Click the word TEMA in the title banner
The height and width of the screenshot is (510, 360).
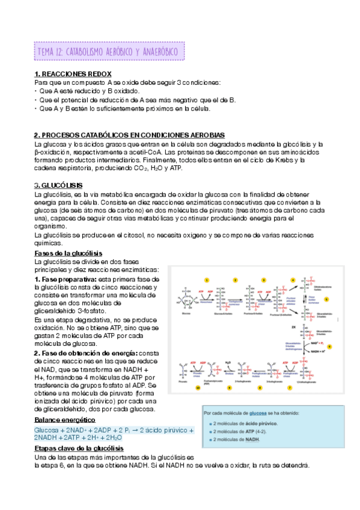46,52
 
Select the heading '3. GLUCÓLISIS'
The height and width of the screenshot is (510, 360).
58,185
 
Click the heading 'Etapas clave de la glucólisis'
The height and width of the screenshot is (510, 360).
79,449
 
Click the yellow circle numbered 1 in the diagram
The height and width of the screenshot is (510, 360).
207,280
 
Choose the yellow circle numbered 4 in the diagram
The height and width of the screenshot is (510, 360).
292,280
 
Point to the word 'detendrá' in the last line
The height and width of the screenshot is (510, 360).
294,465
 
